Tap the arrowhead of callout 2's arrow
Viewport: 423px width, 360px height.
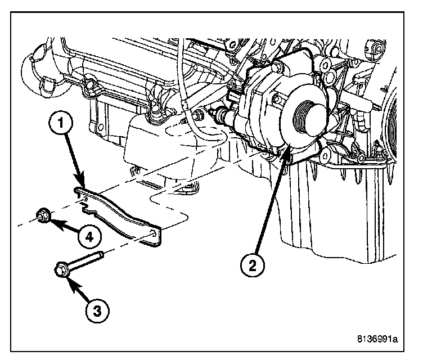coord(287,148)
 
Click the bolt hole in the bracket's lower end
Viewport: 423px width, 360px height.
coord(154,234)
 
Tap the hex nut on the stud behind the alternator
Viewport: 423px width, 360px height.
coord(198,118)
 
